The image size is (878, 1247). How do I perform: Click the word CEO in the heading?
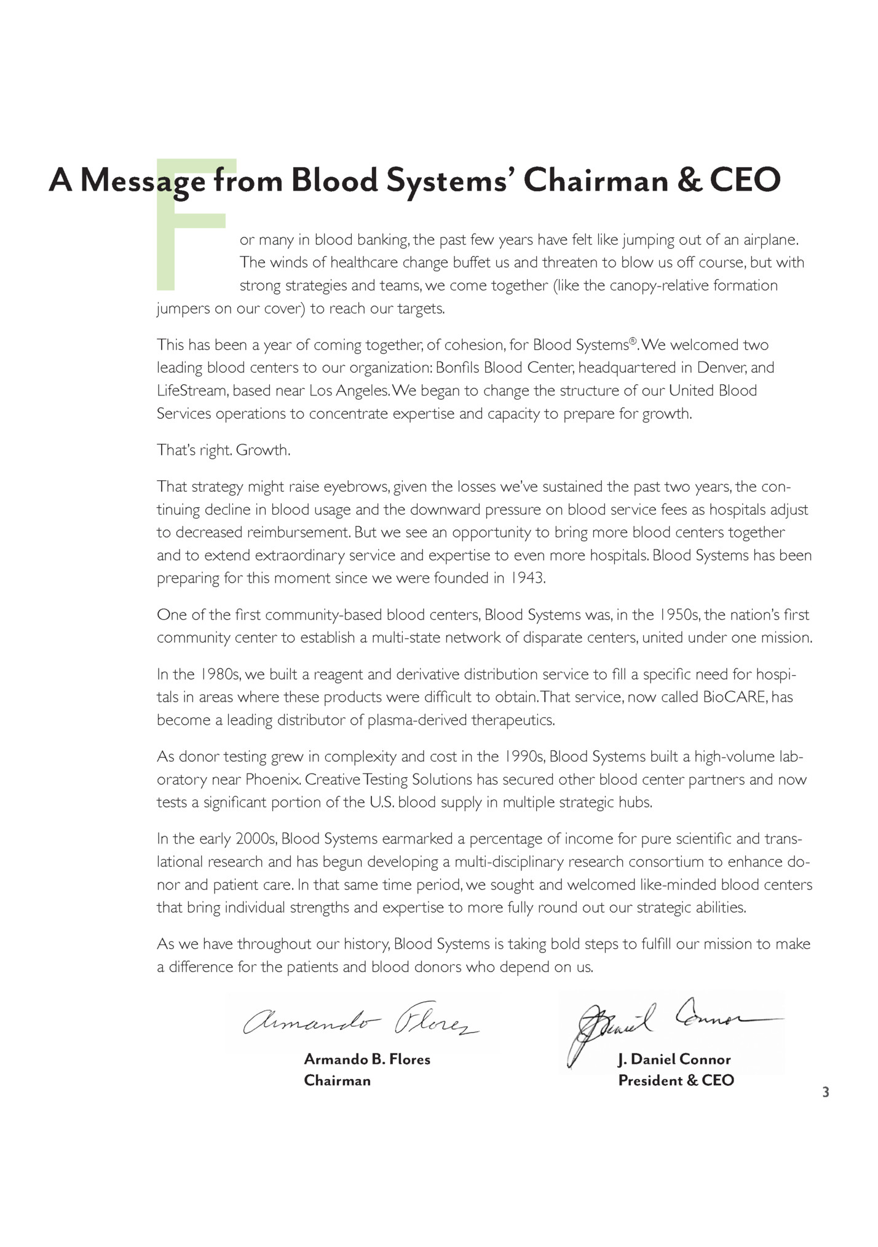(x=745, y=180)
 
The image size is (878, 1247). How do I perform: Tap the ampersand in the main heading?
(x=689, y=180)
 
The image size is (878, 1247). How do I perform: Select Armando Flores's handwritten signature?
(x=362, y=1021)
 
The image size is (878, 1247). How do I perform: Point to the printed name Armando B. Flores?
(x=367, y=1059)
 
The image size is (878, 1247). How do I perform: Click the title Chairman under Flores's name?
(x=337, y=1080)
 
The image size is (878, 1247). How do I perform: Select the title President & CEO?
(x=676, y=1080)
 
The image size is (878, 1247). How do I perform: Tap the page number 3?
(x=825, y=1092)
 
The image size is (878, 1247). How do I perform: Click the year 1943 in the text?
(x=528, y=579)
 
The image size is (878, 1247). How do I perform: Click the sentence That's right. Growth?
(x=223, y=450)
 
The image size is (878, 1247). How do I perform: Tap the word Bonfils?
(x=457, y=368)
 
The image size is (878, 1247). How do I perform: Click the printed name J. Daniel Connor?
(x=674, y=1059)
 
